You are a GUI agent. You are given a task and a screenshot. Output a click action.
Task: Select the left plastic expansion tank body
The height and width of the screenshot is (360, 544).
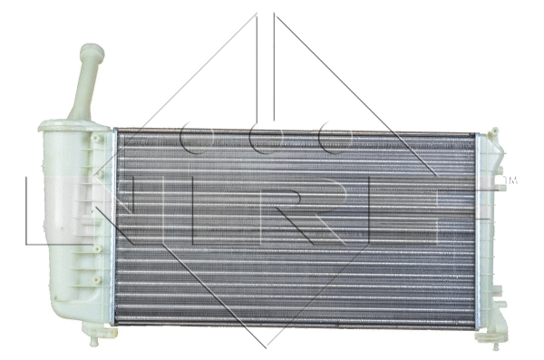pyautogui.click(x=68, y=227)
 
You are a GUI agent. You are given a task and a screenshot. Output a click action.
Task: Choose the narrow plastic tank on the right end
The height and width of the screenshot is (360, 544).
pyautogui.click(x=490, y=236)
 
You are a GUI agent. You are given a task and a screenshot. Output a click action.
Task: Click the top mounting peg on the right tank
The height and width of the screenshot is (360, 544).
pyautogui.click(x=495, y=131)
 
